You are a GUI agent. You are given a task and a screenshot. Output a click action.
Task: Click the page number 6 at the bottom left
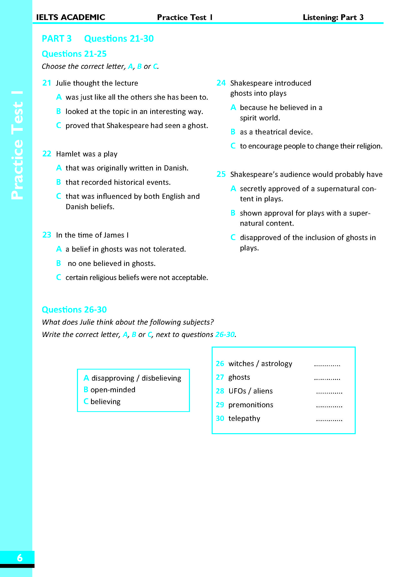click(19, 558)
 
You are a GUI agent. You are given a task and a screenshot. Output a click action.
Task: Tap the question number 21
click(47, 83)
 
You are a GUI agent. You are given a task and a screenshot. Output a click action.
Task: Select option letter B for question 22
click(58, 182)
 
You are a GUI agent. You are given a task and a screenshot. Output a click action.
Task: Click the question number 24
click(221, 83)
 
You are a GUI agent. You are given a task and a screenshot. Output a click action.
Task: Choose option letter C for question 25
click(233, 237)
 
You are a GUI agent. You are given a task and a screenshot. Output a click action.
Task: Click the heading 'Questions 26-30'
click(74, 309)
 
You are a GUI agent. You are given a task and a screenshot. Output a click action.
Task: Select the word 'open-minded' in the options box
click(113, 390)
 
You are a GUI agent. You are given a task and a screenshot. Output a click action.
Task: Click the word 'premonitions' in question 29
click(250, 405)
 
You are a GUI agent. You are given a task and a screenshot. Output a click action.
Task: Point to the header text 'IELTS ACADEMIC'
click(71, 17)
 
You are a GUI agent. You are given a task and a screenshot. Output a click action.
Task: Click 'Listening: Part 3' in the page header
click(333, 17)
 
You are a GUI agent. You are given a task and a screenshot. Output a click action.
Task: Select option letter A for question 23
click(59, 249)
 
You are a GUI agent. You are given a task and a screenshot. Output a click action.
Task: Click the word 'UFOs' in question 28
click(237, 391)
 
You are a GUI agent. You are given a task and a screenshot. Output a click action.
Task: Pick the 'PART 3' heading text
click(56, 38)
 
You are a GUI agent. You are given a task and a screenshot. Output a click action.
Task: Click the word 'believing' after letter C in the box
click(105, 402)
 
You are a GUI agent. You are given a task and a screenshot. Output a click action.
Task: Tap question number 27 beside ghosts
click(220, 377)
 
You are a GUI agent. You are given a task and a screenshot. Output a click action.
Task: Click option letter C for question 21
click(58, 125)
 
